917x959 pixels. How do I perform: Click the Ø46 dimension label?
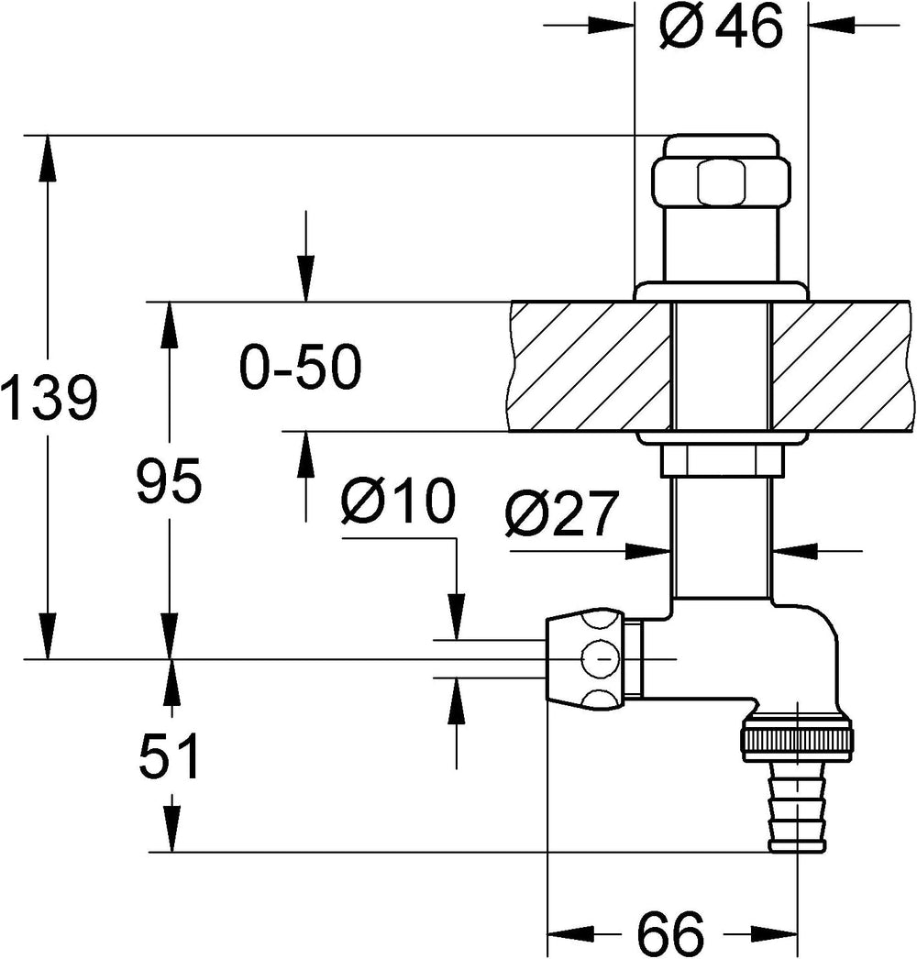click(722, 26)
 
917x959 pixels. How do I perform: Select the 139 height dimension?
click(49, 399)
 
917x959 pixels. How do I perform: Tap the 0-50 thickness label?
click(301, 368)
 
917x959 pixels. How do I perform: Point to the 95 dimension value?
click(168, 480)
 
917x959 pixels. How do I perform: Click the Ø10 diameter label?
click(399, 501)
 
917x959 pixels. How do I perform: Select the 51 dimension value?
click(169, 756)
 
